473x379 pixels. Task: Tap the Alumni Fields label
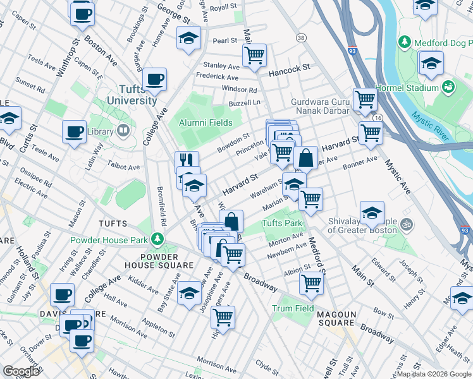click(x=205, y=123)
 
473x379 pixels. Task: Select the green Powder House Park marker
click(x=154, y=240)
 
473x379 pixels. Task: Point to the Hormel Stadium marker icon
click(x=448, y=87)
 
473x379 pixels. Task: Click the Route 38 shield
click(x=300, y=39)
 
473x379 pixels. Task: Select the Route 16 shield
click(x=378, y=118)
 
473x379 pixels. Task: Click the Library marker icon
click(x=123, y=131)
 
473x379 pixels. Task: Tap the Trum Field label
click(x=293, y=308)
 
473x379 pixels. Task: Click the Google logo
click(x=21, y=371)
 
